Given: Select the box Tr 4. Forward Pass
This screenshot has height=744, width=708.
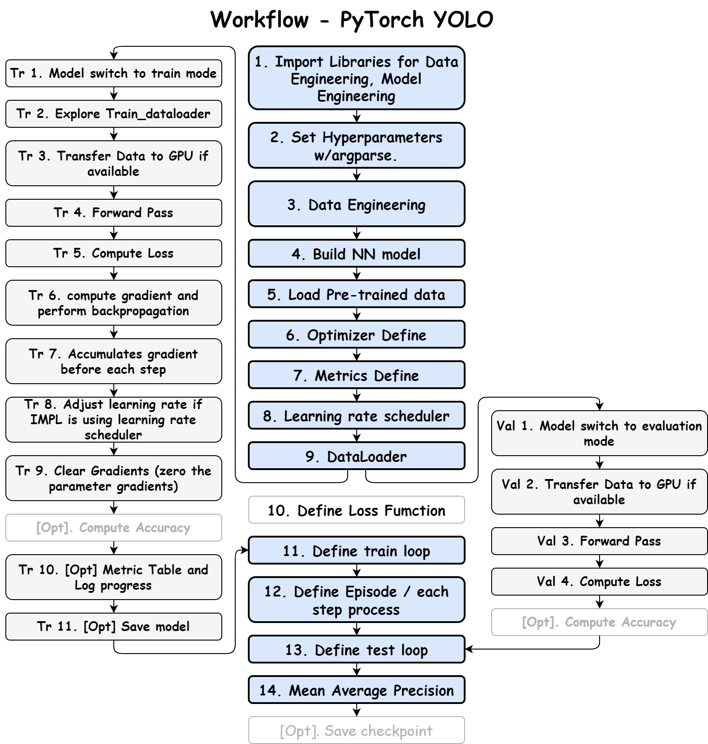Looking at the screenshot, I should coord(113,213).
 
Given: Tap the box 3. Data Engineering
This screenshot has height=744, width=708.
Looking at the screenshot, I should coord(356,205).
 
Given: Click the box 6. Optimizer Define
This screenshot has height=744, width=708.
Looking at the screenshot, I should coord(356,335).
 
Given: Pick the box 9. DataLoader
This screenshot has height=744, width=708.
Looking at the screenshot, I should coord(356,456).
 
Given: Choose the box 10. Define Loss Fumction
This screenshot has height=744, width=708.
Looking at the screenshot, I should coord(356,510).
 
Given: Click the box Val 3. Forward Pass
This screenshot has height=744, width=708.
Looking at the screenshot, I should coord(599,541).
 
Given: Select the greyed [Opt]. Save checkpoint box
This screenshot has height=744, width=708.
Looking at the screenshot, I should coord(356,731).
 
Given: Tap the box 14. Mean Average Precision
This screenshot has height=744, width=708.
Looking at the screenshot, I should coord(356,690).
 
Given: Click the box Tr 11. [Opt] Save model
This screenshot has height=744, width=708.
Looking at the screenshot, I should coord(113,627).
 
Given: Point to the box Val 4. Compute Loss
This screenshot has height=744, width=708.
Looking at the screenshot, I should coord(599,582).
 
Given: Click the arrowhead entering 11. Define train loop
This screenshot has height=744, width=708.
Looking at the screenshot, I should coord(245,550).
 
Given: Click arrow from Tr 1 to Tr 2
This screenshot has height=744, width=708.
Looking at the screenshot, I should coord(114,94).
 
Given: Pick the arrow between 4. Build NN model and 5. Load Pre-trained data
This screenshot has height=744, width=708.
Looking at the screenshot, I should coord(357,273).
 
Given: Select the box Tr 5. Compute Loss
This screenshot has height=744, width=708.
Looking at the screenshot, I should coord(113,253).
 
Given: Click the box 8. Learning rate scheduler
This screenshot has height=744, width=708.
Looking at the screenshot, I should coord(356,416).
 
